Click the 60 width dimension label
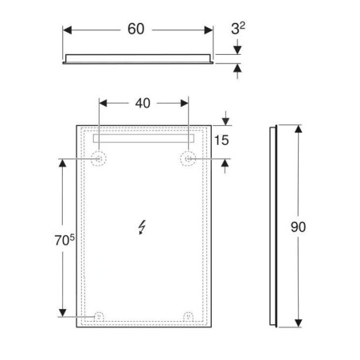coord(136,29)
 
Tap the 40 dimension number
coord(143,103)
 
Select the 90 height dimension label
coord(298,227)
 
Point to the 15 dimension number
coord(221,140)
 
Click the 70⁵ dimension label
coord(65,240)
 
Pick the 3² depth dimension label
coord(238,28)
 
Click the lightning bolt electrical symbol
coord(142,228)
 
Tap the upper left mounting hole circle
coord(99,158)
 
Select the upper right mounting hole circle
coord(188,158)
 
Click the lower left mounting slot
coord(99,316)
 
